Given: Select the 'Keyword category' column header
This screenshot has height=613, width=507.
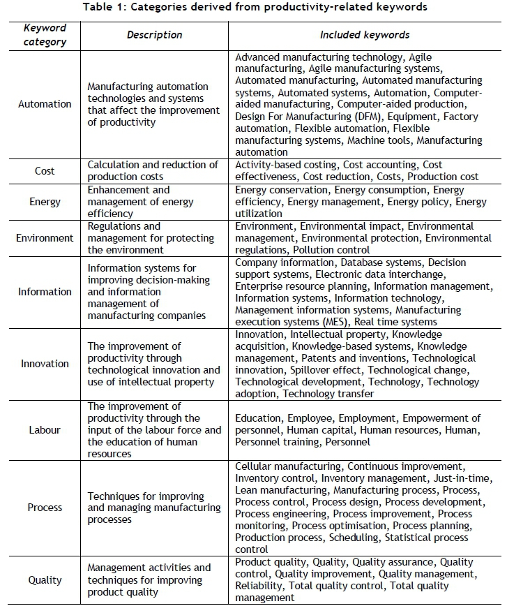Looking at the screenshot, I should coord(45,34).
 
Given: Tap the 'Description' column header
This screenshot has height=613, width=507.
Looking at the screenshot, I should coord(154,34).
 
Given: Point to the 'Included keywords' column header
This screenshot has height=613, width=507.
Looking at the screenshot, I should coord(364,34).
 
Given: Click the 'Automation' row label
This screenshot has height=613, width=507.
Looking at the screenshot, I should coord(45,104).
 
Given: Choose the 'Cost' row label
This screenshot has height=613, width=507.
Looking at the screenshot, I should coord(45,171).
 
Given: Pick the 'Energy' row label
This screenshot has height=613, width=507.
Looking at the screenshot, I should coord(45,202).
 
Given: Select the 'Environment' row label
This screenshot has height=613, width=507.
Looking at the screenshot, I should coord(45,237).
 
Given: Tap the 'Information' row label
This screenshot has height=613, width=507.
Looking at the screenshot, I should coord(45,292).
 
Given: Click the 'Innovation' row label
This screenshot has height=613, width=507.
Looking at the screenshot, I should coord(45,364).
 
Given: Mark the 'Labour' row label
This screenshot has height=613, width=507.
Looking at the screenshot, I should coord(45,430).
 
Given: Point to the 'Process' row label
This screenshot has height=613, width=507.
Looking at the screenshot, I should coord(45,508).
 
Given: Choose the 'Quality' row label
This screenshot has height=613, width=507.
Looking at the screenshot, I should coord(45,580).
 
